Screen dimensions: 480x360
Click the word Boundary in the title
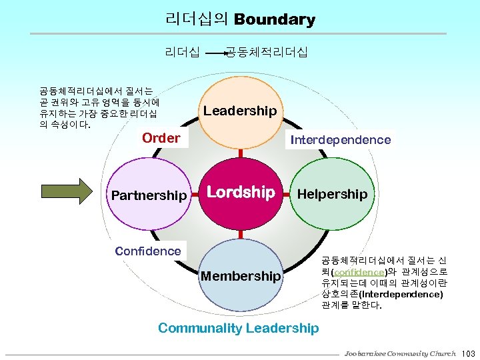tap(275, 20)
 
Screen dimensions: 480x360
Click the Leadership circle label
tap(240, 111)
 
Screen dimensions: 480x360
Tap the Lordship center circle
tap(241, 193)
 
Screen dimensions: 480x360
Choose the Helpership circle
tap(332, 194)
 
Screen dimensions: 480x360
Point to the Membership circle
tap(241, 275)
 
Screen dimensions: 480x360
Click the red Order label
tap(161, 138)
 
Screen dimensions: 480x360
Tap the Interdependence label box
tap(340, 139)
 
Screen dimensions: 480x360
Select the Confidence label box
tap(148, 251)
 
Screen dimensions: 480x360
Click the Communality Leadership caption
tap(239, 327)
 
